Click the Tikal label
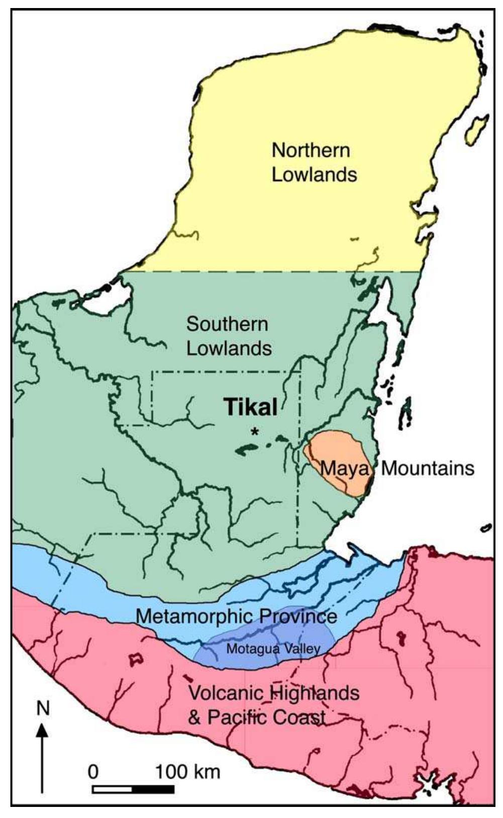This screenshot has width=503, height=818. click(250, 407)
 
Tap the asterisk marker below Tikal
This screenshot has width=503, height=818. click(256, 431)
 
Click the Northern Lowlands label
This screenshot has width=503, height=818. click(313, 162)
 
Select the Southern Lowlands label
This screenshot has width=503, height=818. click(229, 336)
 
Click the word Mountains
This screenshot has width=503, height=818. click(428, 468)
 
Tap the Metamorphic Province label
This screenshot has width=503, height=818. click(236, 616)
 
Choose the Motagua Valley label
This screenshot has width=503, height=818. click(273, 649)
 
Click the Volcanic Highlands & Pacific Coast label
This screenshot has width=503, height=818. click(273, 705)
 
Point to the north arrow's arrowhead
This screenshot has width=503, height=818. click(43, 730)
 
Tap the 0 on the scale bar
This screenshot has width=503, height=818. click(93, 771)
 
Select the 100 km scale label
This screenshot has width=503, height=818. click(187, 771)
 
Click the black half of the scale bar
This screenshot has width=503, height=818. click(153, 789)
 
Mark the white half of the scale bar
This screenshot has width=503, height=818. click(113, 789)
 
